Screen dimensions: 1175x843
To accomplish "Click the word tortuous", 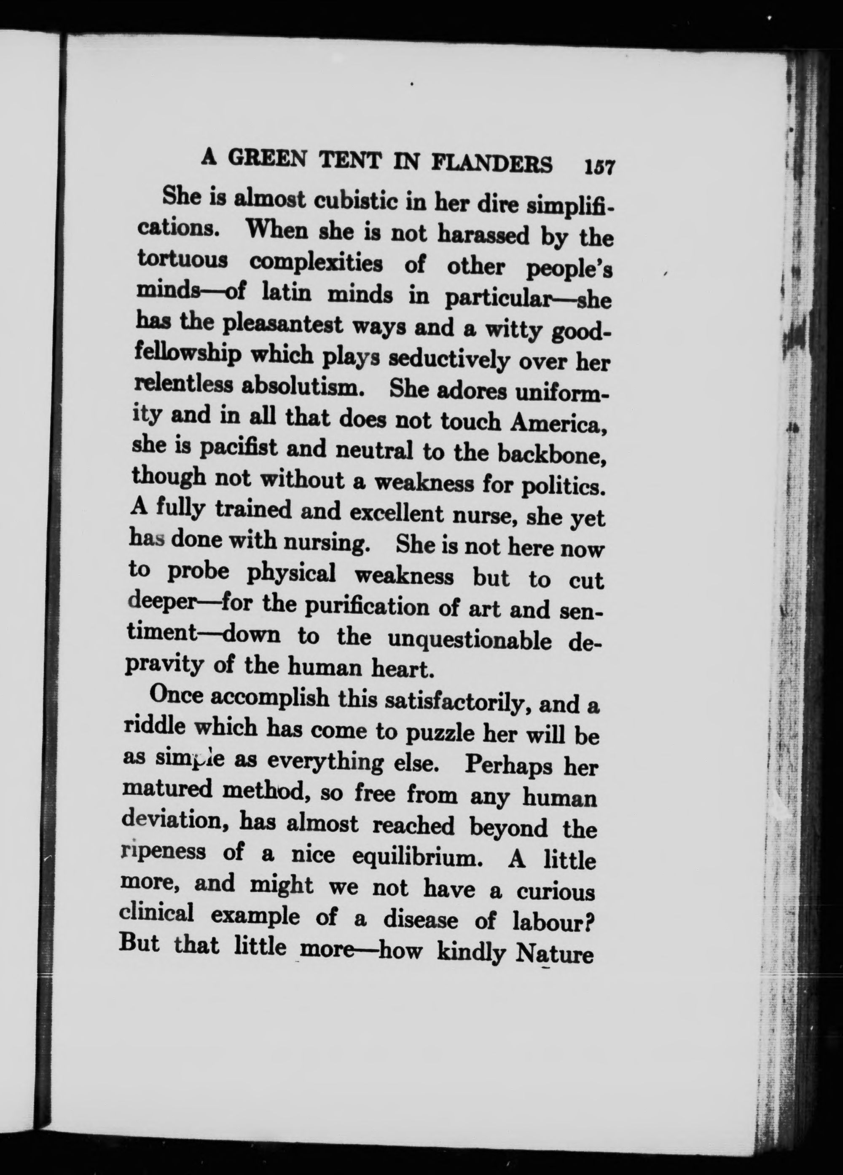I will [x=183, y=259].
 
